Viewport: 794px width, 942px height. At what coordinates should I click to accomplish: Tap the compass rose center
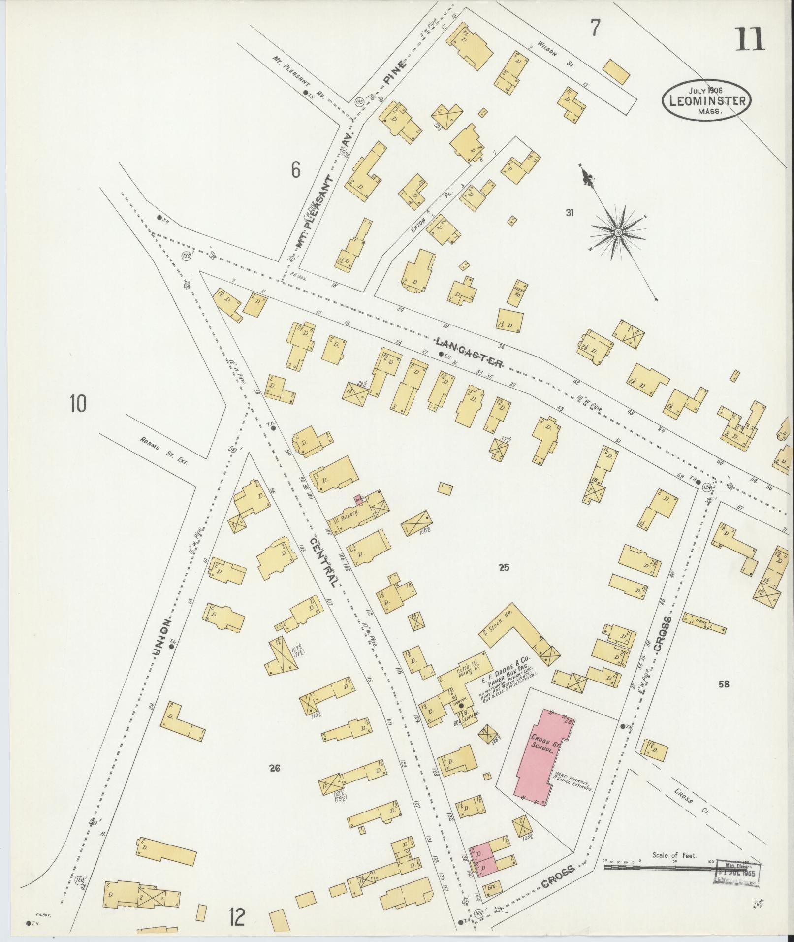(x=617, y=231)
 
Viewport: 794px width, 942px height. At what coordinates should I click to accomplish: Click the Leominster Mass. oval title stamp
(x=706, y=101)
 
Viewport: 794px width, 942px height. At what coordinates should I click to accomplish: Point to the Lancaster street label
(x=469, y=353)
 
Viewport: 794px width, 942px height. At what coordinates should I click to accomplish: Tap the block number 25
(x=504, y=568)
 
